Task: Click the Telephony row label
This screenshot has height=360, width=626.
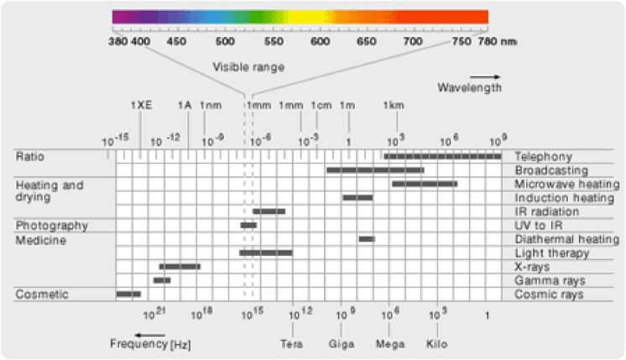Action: (544, 157)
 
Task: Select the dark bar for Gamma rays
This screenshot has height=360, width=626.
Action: (162, 280)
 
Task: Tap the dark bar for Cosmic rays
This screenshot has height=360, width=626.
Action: (128, 295)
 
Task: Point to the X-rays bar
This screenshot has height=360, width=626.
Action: (180, 267)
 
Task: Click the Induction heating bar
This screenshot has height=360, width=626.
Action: (357, 198)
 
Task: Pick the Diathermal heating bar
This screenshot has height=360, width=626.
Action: (367, 239)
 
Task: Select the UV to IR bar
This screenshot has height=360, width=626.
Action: (248, 226)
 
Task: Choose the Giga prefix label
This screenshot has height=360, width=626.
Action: (342, 344)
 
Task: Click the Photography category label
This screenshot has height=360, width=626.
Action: (51, 226)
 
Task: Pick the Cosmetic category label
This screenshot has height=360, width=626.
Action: (41, 295)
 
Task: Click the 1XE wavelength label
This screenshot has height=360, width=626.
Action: (141, 106)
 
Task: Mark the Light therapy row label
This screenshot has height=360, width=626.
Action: (551, 253)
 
